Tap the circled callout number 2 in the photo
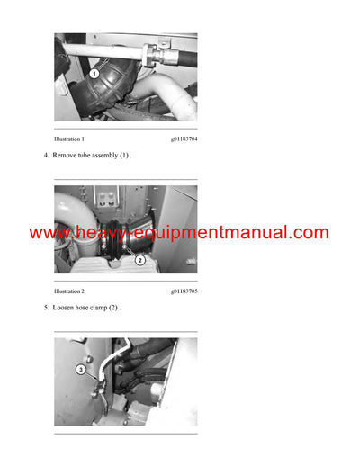[x=139, y=260]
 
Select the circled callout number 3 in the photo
[x=80, y=369]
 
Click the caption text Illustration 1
[x=69, y=139]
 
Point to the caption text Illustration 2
[x=69, y=291]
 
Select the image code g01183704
[x=184, y=139]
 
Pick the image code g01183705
[x=184, y=291]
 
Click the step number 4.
[x=45, y=156]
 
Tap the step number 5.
[x=45, y=308]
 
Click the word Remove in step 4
[x=67, y=156]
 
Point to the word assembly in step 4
[x=112, y=156]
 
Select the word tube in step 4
[x=89, y=156]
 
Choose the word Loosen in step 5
[x=65, y=308]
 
